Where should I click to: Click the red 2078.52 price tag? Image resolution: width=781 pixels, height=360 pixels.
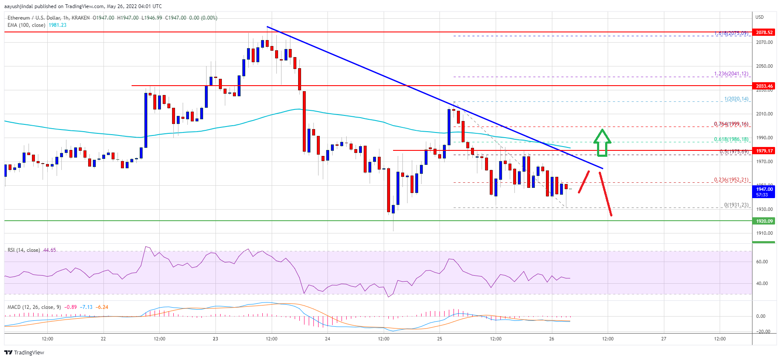click(764, 32)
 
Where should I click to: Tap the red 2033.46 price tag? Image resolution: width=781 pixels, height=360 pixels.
click(764, 86)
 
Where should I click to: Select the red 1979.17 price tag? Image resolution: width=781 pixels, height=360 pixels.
click(764, 151)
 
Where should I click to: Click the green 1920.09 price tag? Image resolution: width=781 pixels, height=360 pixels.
click(764, 221)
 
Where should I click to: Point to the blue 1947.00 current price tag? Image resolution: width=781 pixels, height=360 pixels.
click(764, 192)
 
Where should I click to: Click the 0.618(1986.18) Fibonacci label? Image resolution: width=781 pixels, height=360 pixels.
click(731, 139)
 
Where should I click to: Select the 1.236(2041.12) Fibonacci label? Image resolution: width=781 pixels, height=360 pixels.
click(731, 74)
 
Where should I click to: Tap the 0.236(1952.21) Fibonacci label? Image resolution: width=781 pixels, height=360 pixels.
click(731, 180)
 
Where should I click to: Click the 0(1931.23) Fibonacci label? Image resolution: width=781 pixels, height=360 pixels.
click(736, 205)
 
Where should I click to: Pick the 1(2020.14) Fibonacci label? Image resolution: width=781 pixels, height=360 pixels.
click(736, 99)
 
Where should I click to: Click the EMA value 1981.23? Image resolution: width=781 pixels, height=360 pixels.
click(57, 25)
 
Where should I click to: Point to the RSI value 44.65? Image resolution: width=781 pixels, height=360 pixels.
click(49, 250)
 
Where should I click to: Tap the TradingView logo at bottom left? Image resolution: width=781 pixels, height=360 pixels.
click(24, 352)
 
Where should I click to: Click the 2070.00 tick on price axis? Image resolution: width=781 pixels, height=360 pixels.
click(764, 42)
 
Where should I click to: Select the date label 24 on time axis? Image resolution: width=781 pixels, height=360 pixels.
click(327, 339)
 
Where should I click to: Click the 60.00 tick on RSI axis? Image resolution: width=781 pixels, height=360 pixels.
click(762, 262)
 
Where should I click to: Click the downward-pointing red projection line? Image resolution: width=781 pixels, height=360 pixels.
click(606, 194)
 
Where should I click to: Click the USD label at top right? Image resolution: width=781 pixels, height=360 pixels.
click(759, 17)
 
